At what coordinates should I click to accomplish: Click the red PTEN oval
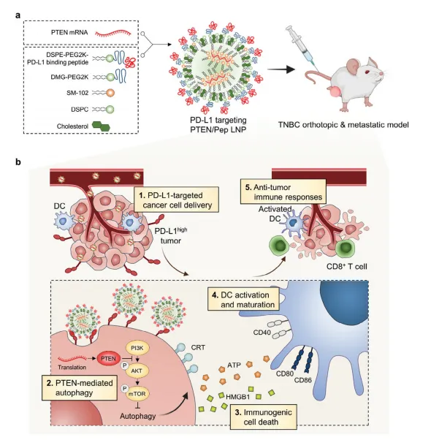point(109,359)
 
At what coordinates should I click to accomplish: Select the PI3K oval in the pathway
point(137,348)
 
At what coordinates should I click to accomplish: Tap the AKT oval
point(137,371)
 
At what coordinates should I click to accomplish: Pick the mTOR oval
point(137,394)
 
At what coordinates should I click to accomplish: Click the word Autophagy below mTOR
point(137,416)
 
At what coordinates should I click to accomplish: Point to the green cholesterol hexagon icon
point(101,126)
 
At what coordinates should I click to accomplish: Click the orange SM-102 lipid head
point(110,93)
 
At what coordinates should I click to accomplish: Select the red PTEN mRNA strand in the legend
point(112,33)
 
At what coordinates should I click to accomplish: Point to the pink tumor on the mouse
point(334,92)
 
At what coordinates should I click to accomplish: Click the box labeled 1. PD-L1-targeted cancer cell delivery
point(176,200)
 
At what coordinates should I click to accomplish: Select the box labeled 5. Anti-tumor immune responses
point(283,191)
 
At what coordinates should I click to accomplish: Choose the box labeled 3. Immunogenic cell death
point(263,417)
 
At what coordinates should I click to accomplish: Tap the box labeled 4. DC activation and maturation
point(243,300)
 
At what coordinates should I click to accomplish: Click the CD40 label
point(262,333)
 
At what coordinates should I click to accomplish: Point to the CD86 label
point(303,380)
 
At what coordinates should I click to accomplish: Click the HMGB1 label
point(238,396)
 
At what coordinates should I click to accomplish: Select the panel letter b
point(18,162)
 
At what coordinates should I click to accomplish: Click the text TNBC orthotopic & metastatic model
point(343,124)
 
